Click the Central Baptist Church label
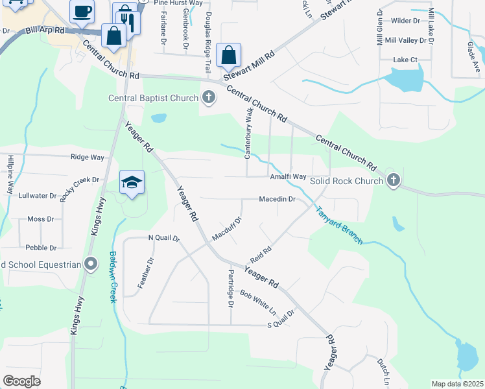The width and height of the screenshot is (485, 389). [x=153, y=98]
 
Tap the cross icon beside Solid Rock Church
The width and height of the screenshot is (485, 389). [x=393, y=181]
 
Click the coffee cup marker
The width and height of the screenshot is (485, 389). [x=82, y=11]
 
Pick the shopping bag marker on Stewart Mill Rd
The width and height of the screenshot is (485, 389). [x=228, y=55]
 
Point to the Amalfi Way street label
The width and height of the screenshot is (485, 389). [x=288, y=176]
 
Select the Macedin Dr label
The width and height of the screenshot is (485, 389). [x=277, y=199]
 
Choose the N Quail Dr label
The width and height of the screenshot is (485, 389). [x=163, y=238]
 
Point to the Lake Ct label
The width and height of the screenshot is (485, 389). [x=405, y=60]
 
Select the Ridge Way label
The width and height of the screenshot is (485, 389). [x=87, y=157]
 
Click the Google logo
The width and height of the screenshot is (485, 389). [x=21, y=381]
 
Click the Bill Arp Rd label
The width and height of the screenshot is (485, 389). [x=46, y=30]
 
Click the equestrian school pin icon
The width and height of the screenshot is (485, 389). [x=90, y=264]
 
